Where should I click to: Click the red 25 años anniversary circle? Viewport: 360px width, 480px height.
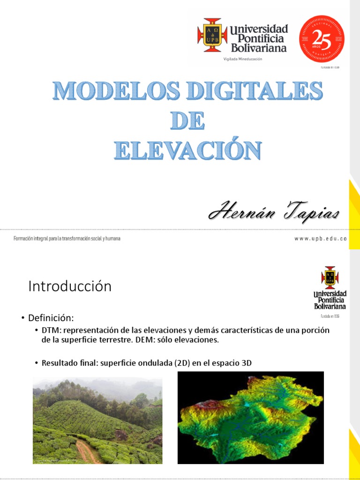tap(322, 39)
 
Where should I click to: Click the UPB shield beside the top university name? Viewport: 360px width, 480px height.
tap(212, 36)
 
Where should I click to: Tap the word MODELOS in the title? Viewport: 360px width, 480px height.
tap(110, 91)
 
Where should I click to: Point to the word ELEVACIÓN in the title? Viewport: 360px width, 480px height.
tap(187, 150)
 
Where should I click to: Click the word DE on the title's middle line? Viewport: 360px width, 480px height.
tap(187, 120)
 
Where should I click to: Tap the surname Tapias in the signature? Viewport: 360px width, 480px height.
tap(310, 213)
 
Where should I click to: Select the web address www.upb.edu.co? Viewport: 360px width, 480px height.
tap(321, 239)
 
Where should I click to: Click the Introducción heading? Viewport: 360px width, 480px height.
tap(70, 286)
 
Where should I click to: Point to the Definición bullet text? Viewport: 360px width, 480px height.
tap(51, 318)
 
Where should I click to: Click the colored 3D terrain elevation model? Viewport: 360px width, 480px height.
tap(251, 417)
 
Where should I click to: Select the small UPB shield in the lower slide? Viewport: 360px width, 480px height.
tap(330, 277)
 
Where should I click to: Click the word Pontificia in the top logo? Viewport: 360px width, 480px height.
tap(257, 39)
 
